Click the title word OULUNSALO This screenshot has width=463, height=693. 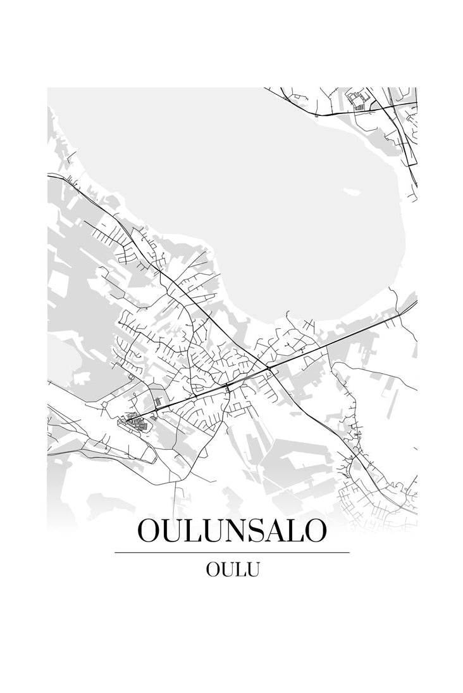pos(231,531)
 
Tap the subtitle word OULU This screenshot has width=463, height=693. pos(232,569)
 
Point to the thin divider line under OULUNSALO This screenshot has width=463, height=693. pos(231,552)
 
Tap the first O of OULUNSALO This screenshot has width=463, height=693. pos(150,531)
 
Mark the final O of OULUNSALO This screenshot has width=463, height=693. pos(314,531)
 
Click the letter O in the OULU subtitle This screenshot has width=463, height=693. pos(213,569)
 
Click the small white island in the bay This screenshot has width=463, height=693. pos(349,190)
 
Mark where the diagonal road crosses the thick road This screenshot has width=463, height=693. pos(269,368)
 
